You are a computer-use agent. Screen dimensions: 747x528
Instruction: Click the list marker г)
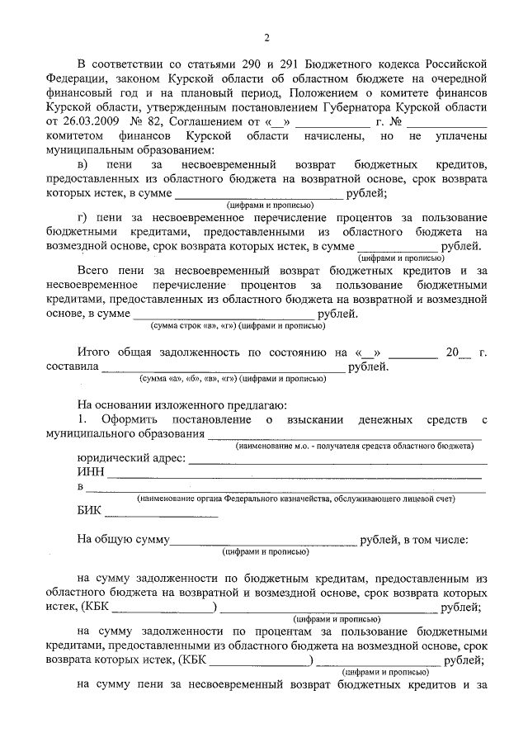[x=82, y=217]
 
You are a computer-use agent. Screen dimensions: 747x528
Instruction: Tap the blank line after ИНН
[x=293, y=475]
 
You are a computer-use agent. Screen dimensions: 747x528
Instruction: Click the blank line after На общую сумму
[x=262, y=544]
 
